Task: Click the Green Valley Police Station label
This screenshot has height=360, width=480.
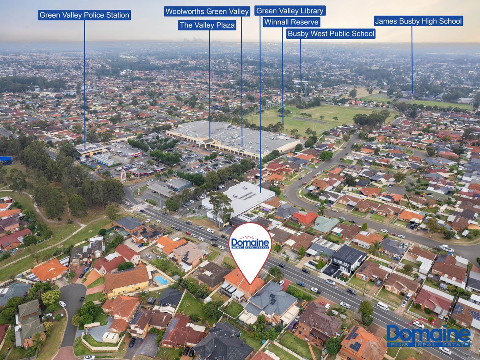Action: click(84, 15)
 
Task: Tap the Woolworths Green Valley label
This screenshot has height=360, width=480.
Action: click(207, 11)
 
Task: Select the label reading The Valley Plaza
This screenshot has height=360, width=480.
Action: click(207, 25)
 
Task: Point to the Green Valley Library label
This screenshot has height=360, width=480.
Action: click(290, 11)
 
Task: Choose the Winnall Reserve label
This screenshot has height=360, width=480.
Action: click(291, 22)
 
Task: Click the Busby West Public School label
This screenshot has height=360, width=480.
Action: click(331, 34)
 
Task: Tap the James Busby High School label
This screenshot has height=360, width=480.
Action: click(418, 21)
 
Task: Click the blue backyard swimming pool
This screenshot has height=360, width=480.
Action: click(161, 280)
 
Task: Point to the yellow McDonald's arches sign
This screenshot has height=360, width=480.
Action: click(98, 168)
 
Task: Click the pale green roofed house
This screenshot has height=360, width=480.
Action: click(326, 224)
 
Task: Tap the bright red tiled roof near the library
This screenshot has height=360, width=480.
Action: click(305, 218)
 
